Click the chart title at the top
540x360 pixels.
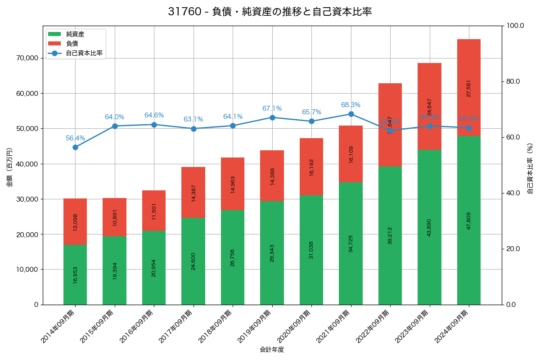click(270, 12)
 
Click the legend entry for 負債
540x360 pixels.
click(72, 44)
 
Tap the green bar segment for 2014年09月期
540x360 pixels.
click(75, 274)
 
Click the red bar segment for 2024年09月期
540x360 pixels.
click(469, 87)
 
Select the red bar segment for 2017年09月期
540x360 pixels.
click(193, 192)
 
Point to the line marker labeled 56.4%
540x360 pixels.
click(75, 147)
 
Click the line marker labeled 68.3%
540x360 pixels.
click(351, 114)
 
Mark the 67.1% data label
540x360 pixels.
click(272, 108)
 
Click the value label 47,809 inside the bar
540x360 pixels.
click(469, 221)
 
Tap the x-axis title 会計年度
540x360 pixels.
click(272, 350)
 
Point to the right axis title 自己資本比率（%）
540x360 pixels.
click(530, 168)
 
